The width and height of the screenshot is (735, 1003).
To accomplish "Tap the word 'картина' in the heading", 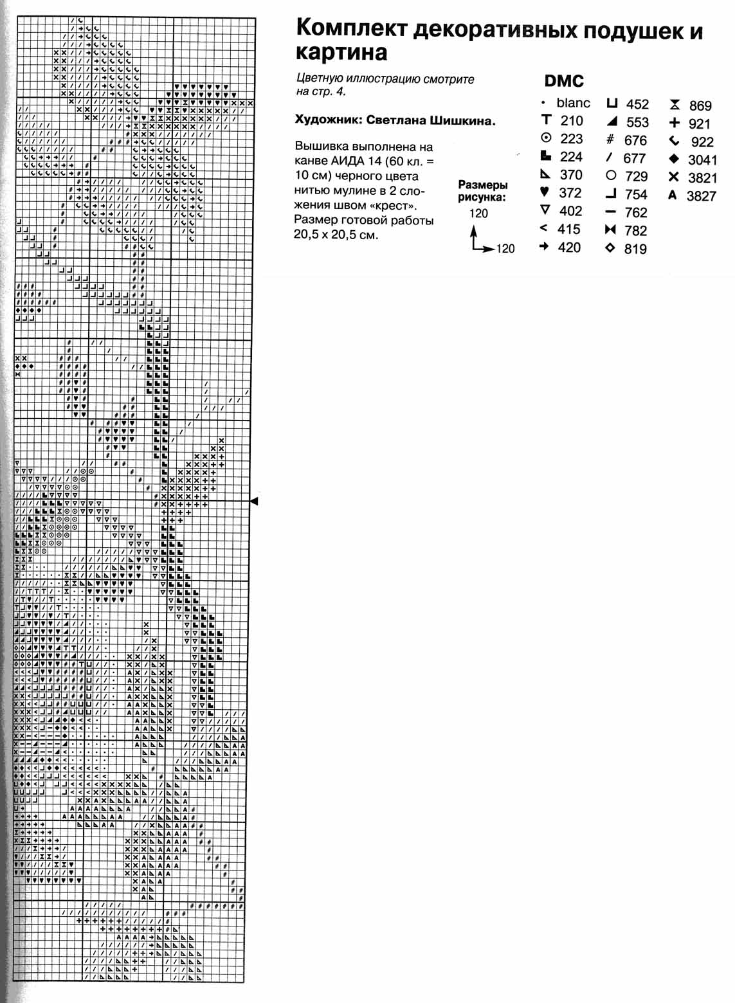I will [x=341, y=53].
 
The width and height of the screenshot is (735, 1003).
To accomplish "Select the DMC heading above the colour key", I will [x=564, y=81].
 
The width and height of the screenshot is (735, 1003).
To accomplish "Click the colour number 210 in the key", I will [x=572, y=120].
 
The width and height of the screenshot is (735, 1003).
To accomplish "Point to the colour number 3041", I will [x=702, y=160].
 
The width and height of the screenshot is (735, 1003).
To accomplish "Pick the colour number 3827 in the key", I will [x=701, y=196].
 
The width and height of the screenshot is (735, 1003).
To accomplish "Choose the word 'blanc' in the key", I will [x=573, y=103].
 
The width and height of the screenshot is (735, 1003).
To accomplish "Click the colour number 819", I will [x=635, y=249].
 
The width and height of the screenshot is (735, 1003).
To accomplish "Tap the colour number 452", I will [x=637, y=104].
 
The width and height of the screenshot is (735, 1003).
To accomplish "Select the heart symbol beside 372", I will [x=545, y=192].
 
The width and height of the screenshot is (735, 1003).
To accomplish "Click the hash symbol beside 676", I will [x=610, y=140].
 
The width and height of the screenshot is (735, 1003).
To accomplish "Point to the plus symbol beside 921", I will [x=674, y=123].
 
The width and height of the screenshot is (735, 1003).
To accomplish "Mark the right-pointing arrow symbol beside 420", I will [x=544, y=246].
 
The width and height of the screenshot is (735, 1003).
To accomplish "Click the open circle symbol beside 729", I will [x=611, y=175].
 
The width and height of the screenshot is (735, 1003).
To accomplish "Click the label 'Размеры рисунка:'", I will [x=482, y=191].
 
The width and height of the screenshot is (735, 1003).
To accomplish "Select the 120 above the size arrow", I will [x=478, y=213].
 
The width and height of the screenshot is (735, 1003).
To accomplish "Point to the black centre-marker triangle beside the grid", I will [x=254, y=501].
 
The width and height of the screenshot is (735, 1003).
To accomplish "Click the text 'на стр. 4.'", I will [x=321, y=91].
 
